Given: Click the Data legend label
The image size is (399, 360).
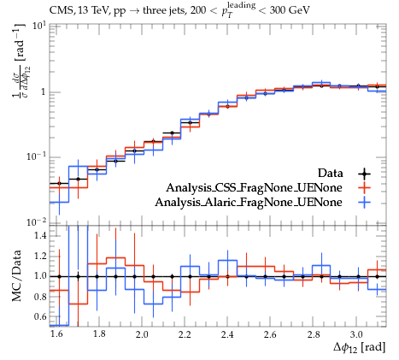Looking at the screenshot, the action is (331, 173).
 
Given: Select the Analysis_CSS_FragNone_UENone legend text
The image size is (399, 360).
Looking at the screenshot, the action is (254, 188).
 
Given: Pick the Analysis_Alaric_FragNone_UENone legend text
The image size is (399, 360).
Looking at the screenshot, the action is (249, 203).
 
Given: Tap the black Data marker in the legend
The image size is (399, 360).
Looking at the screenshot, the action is (364, 174).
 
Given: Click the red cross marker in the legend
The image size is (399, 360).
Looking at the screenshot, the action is (364, 188).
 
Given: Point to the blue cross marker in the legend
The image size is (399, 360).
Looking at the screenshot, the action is (364, 203).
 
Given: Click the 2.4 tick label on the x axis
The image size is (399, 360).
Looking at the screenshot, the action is (227, 334).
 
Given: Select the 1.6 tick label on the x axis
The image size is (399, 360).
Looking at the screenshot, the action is (56, 334).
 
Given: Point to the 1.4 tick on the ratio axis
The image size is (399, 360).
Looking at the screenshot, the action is (40, 236).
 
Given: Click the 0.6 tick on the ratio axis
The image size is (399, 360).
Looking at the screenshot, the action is (40, 316).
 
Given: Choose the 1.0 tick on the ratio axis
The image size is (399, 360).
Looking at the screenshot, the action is (40, 276).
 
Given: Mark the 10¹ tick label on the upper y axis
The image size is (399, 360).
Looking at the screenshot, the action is (39, 27).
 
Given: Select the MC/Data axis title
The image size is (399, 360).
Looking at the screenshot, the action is (16, 275).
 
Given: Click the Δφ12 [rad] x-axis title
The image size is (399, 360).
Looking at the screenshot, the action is (360, 348).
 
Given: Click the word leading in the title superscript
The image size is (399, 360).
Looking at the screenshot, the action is (241, 6).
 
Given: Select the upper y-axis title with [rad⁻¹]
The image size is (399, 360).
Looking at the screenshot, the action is (19, 61).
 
